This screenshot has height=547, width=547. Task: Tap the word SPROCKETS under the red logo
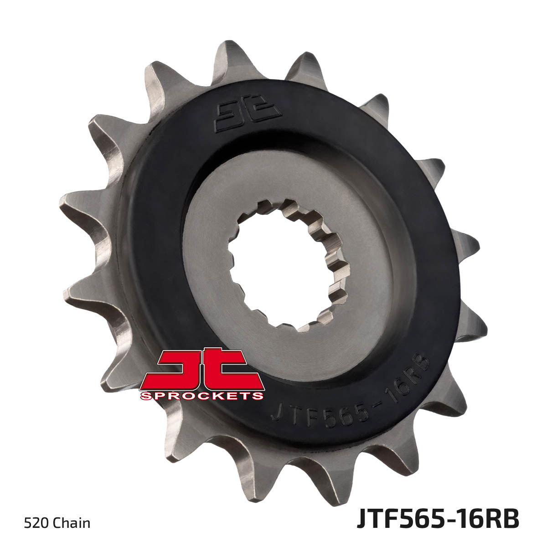[202, 395]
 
